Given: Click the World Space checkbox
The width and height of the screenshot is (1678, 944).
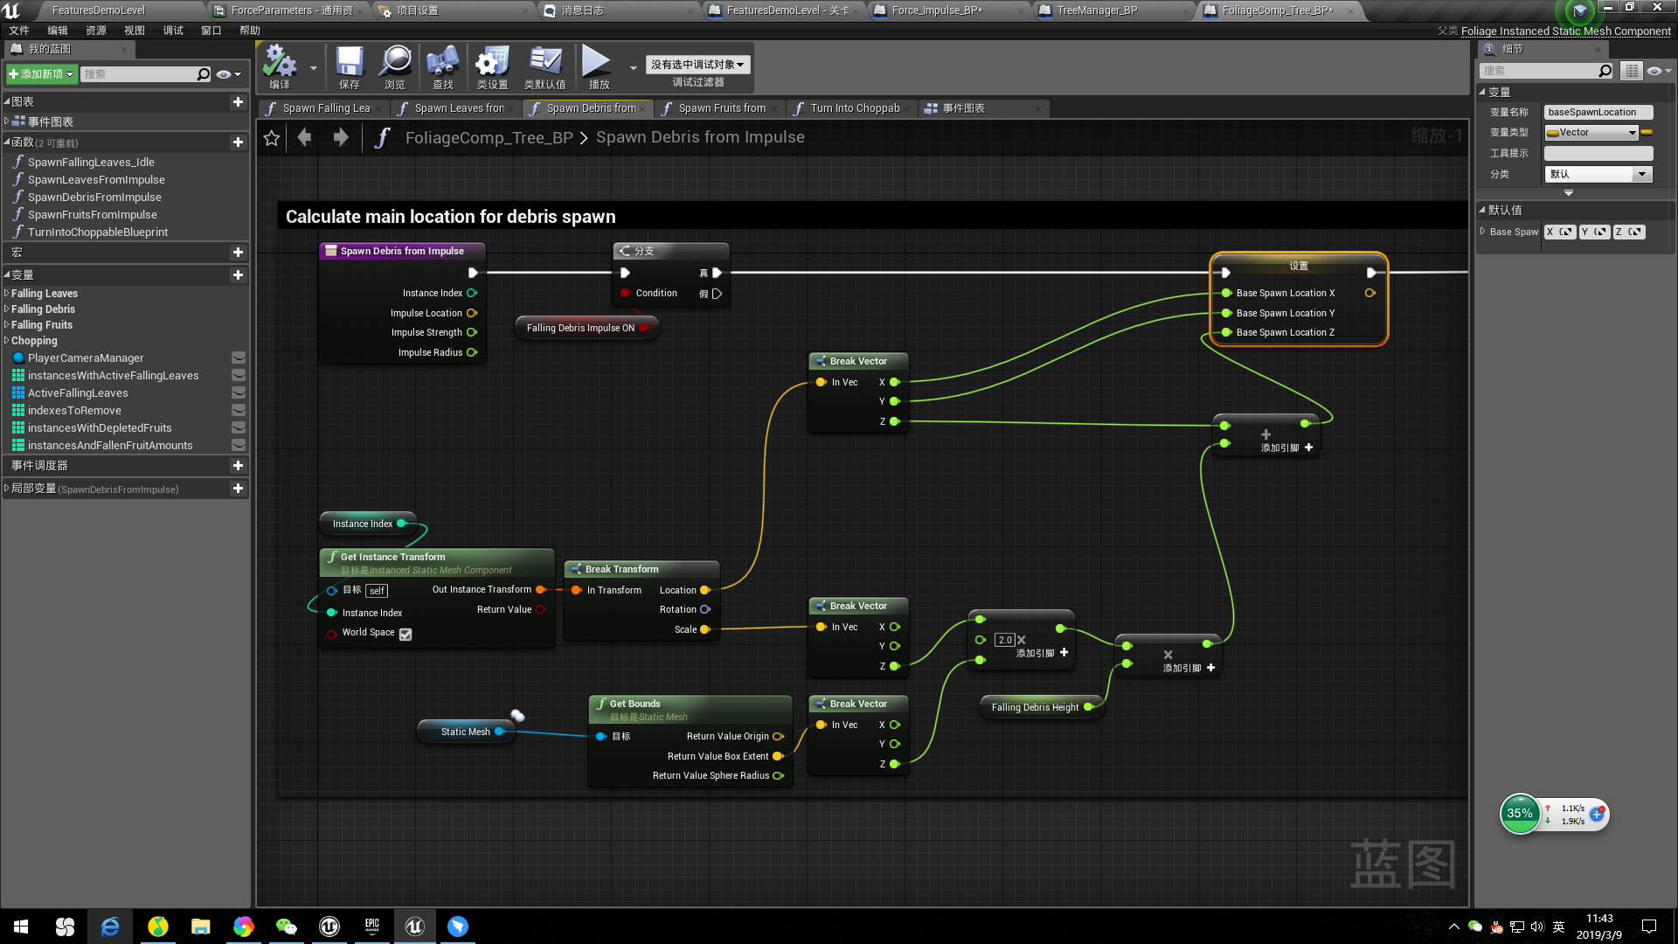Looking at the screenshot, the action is pos(406,635).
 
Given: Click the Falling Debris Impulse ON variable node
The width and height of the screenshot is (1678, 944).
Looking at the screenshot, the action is pos(581,328).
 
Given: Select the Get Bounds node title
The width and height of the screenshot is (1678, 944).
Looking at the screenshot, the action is pos(634,704).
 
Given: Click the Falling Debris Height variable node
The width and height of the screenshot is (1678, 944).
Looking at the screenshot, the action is pos(1035,707).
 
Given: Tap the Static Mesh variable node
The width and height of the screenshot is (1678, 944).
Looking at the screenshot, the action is pos(465,732).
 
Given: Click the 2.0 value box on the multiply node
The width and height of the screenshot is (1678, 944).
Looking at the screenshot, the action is pos(1005,640).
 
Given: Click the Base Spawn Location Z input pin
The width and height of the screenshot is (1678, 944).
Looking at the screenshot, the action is pos(1227,332).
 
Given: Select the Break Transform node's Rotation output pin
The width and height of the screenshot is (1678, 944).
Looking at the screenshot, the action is pos(705,609).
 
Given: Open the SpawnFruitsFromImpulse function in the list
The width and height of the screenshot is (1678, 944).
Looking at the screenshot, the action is pos(93,214).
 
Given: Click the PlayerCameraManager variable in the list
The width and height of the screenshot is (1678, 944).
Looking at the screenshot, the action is pos(86,357).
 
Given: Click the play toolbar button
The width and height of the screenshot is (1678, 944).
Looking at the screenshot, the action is pos(598,67).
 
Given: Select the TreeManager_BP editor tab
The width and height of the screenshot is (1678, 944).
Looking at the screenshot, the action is pos(1097,10).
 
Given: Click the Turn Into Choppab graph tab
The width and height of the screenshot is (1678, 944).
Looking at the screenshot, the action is pos(854,108).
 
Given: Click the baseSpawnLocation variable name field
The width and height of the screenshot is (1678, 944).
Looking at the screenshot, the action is pos(1598,112).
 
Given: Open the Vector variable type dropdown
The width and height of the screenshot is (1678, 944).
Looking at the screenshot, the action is pos(1591,133).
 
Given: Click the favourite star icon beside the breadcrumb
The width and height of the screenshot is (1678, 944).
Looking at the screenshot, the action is pos(272,138).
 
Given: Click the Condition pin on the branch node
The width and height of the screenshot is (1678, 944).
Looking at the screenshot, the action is pos(626,293).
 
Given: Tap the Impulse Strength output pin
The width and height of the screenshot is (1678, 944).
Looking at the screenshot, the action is pos(472,332).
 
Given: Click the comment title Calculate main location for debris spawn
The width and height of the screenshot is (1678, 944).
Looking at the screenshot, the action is pos(450,217).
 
